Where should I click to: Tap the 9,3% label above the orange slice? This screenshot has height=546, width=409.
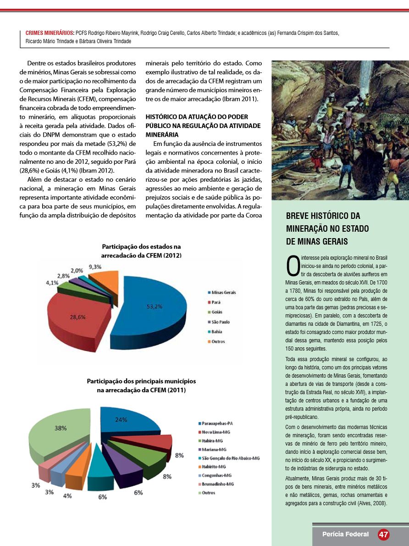point(95,267)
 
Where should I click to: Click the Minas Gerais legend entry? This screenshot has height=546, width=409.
point(223,292)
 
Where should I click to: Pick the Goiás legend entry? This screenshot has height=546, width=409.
point(218,312)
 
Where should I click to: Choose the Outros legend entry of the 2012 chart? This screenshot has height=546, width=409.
point(218,341)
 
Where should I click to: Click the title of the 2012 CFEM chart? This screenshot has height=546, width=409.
point(141,251)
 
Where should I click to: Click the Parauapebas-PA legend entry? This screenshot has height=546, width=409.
point(218,423)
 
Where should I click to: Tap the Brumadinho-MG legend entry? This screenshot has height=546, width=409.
point(218,484)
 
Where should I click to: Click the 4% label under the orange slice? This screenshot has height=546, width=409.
point(67,495)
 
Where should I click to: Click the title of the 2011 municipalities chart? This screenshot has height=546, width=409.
point(141,385)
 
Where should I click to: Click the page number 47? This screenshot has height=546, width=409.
point(383,535)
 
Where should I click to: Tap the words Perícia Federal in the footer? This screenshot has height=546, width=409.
point(345,535)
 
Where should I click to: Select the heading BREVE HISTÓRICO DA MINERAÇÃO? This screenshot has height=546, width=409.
point(323,228)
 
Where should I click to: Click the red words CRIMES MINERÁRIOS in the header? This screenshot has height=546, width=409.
point(50,33)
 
